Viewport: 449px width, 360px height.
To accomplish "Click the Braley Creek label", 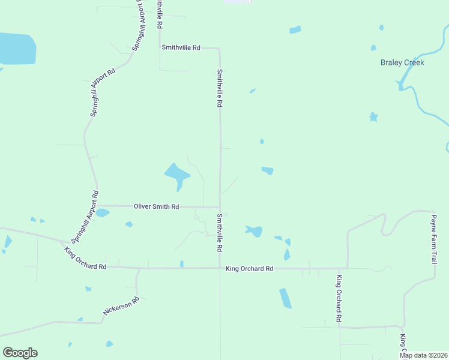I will (402, 62).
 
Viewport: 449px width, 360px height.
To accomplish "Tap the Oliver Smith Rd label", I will (156, 206).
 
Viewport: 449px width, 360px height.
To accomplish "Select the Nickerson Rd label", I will (121, 307).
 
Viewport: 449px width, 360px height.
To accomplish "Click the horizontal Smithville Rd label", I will (180, 47).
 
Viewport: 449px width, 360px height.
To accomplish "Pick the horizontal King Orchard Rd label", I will (249, 269).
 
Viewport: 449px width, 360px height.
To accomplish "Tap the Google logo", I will (20, 352).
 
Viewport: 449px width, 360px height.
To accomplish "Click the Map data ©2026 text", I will (424, 355).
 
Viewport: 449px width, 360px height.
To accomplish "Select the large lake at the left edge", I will (17, 49).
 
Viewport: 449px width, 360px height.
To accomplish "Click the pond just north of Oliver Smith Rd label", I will (176, 175).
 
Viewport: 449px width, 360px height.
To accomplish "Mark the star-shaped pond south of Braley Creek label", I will (373, 116).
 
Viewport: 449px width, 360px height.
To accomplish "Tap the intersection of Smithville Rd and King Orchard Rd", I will (220, 268).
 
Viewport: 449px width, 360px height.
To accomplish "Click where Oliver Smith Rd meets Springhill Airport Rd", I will (98, 206).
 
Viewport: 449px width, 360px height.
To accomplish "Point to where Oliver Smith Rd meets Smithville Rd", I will (220, 208).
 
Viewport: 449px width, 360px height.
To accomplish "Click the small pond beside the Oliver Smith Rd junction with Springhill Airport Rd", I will (103, 212).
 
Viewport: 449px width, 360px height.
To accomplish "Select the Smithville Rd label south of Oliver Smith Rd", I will (220, 233).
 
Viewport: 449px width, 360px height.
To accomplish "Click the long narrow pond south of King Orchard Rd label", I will (285, 298).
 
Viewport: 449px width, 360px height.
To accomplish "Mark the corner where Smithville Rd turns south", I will (219, 49).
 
